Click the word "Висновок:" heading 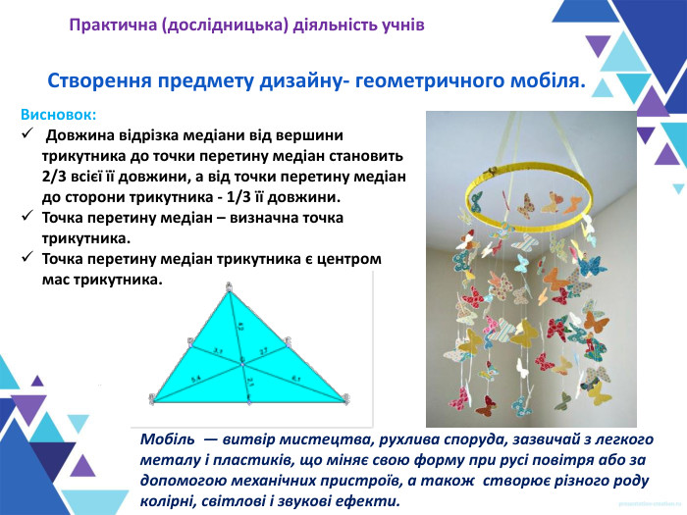58,114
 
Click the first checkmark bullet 26,134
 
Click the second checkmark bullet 26,218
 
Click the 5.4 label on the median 195,379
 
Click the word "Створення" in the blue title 97,81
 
